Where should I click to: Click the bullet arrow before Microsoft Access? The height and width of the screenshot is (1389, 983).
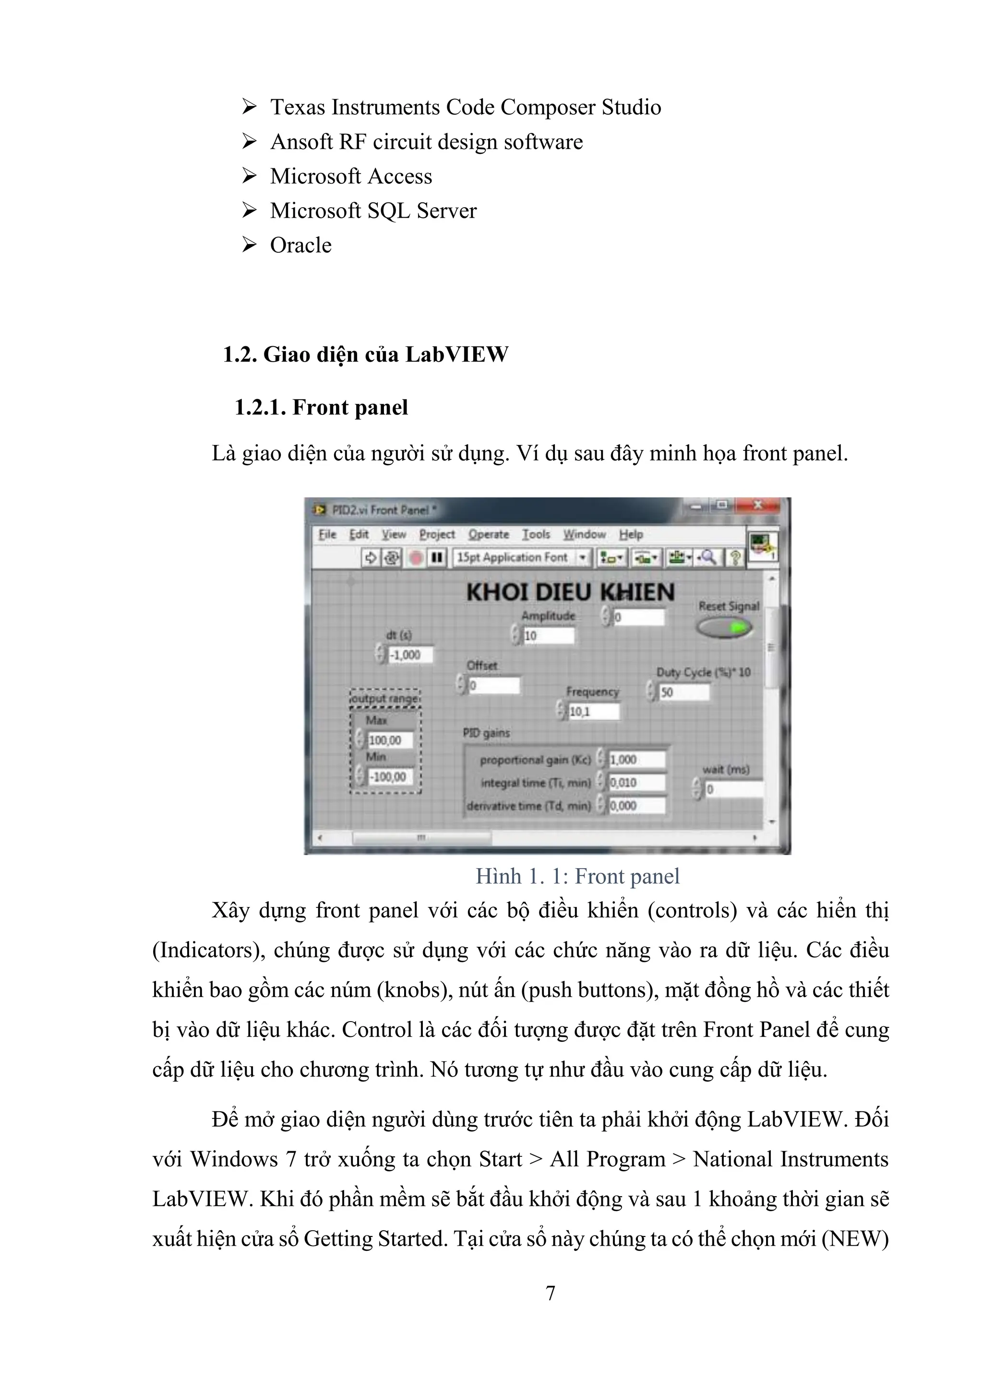click(x=249, y=176)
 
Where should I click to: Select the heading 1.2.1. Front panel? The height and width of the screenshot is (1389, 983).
click(x=321, y=408)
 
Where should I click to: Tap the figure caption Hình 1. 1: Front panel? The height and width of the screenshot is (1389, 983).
click(x=577, y=876)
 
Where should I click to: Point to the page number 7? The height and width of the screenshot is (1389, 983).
click(x=550, y=1294)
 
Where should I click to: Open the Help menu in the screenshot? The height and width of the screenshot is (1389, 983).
click(x=630, y=534)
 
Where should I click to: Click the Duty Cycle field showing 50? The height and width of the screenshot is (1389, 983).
click(x=683, y=692)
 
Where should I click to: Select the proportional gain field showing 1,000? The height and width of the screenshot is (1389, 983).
click(x=636, y=760)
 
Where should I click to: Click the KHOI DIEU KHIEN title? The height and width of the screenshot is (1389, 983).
click(x=570, y=592)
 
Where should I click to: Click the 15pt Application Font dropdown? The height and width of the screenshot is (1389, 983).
click(x=521, y=557)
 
